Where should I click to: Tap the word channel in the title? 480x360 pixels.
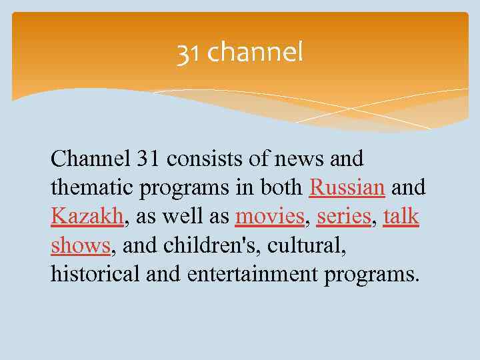(x=255, y=52)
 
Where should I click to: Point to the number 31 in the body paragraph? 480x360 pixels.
(x=148, y=159)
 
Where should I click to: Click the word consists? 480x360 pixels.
(x=203, y=159)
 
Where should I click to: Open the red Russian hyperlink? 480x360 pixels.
(x=347, y=188)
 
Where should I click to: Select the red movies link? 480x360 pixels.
(x=269, y=217)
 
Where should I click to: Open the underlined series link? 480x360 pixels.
(x=344, y=217)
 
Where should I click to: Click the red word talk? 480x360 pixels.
(x=401, y=217)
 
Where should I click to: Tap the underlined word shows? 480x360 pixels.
(x=81, y=246)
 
